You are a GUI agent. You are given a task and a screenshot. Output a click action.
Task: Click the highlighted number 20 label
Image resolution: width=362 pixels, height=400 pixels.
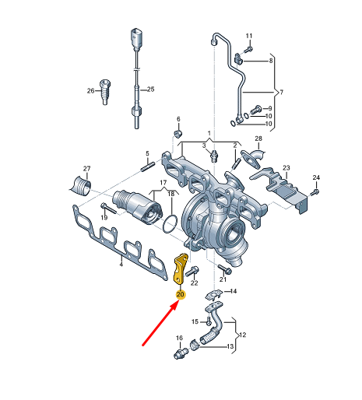click(x=181, y=294)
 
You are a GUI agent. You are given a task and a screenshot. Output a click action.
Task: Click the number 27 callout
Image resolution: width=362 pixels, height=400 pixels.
click(x=86, y=169)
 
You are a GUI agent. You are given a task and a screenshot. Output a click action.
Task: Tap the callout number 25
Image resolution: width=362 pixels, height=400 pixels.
click(x=151, y=89)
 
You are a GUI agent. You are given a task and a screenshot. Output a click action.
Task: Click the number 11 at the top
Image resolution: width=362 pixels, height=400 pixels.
click(x=249, y=37)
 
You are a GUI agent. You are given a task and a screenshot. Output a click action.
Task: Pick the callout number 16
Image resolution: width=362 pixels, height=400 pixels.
click(x=178, y=339)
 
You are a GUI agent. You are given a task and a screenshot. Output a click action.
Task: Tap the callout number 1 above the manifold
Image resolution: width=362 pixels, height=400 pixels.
click(x=209, y=133)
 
